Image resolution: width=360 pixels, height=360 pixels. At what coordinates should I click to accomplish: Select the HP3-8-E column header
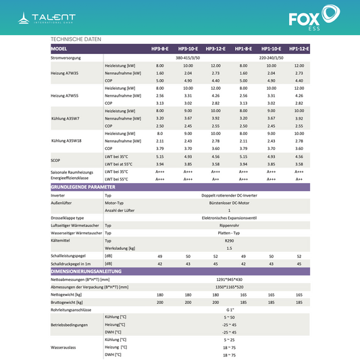coord(160,50)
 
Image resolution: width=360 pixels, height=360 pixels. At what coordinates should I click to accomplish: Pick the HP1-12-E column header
coord(299,50)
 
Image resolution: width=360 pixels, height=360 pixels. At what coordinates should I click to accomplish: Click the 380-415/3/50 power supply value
coord(188,58)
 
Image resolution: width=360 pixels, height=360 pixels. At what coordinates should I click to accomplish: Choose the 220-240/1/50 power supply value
coord(271,58)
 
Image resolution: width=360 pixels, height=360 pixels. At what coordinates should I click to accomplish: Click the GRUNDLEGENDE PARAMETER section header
coord(82,186)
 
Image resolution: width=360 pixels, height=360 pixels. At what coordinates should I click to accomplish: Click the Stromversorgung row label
coord(67,58)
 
